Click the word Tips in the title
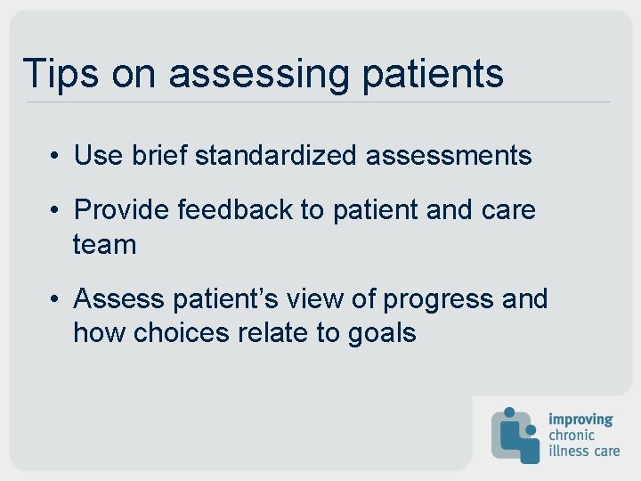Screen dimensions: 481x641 [x=61, y=73]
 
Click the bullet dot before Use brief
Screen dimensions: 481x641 [x=55, y=157]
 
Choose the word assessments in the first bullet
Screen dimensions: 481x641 [x=449, y=156]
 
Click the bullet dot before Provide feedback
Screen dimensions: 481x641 [x=55, y=211]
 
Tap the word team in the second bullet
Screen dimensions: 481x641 [x=104, y=245]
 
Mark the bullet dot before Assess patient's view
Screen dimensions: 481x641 [x=55, y=299]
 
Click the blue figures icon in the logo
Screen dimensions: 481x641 [x=515, y=435]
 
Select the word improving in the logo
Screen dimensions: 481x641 [x=580, y=419]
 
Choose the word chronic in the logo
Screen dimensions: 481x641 [x=573, y=435]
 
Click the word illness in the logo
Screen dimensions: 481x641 [x=569, y=451]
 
